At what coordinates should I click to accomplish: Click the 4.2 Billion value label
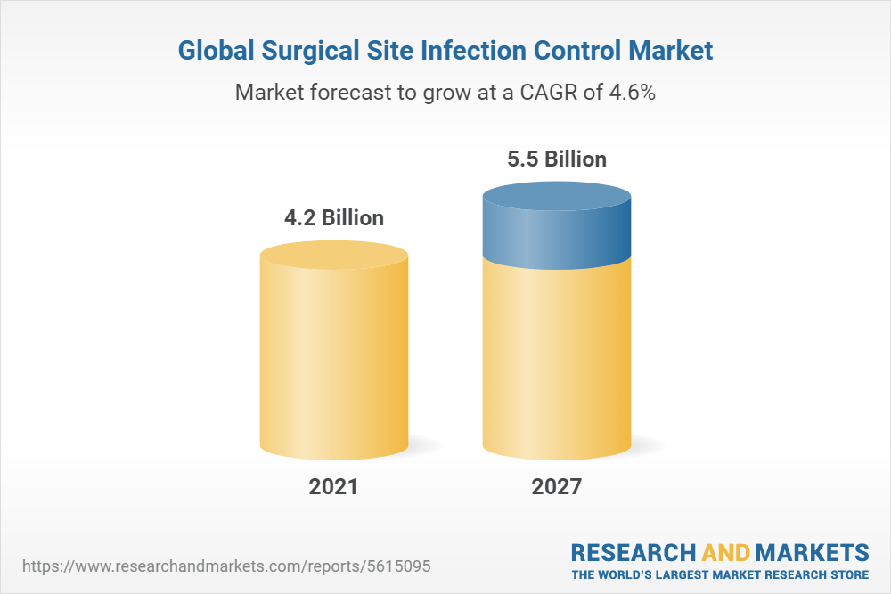333,218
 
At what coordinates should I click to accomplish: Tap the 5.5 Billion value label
556,159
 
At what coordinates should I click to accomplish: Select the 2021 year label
333,487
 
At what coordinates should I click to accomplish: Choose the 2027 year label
557,487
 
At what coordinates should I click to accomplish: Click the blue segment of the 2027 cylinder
557,236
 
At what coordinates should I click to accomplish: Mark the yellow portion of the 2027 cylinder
557,356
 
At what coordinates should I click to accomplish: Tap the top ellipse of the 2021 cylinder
334,256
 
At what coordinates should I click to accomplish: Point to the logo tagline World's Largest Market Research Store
720,574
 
